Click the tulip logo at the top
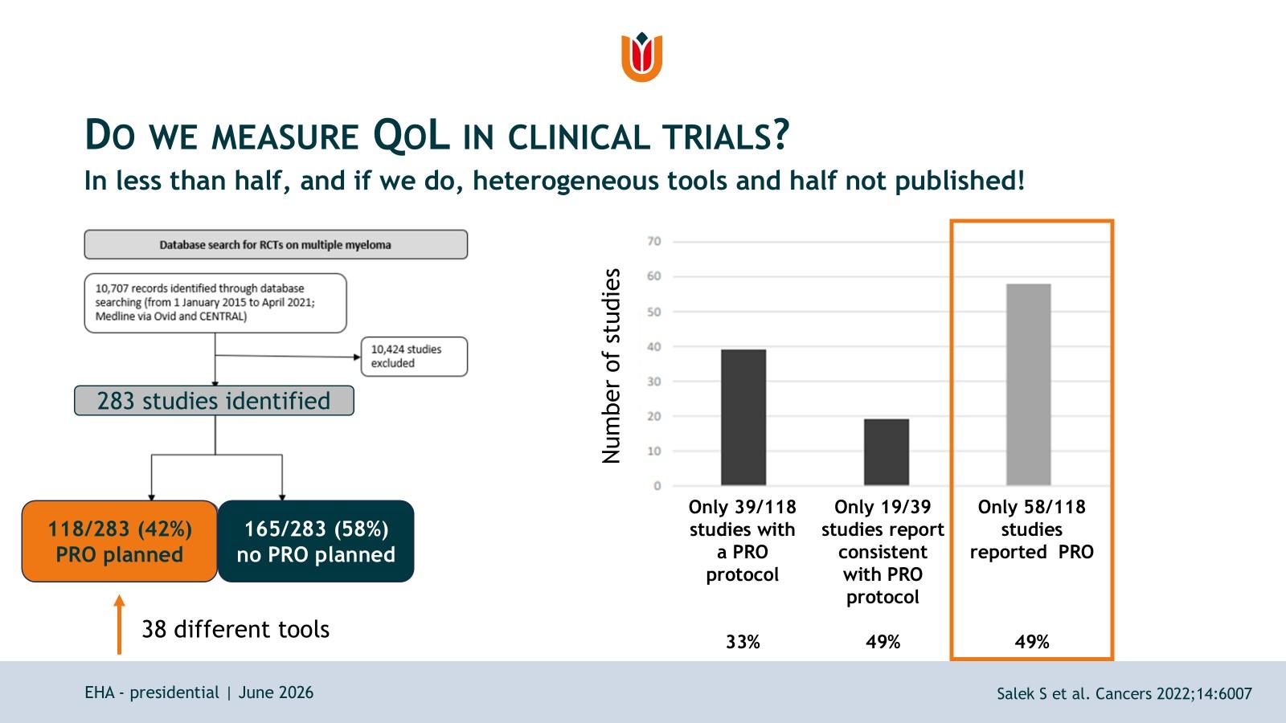click(x=642, y=57)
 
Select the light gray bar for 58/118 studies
click(x=1028, y=385)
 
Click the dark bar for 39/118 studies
click(x=743, y=417)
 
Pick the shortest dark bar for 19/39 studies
click(x=887, y=452)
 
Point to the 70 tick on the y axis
click(x=654, y=242)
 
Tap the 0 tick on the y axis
click(x=657, y=486)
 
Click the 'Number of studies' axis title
click(x=612, y=366)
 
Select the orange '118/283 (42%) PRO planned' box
click(x=120, y=541)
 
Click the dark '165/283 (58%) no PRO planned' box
click(x=316, y=541)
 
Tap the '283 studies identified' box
click(x=214, y=401)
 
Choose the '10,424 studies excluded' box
click(x=414, y=357)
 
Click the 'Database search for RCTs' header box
click(x=276, y=244)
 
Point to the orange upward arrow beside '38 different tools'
click(x=120, y=624)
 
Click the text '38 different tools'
click(x=235, y=630)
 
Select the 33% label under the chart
click(x=743, y=642)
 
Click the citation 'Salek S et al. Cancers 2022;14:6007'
click(x=1124, y=694)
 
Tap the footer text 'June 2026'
click(x=276, y=692)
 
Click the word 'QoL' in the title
click(x=411, y=136)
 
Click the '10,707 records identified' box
click(x=215, y=303)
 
